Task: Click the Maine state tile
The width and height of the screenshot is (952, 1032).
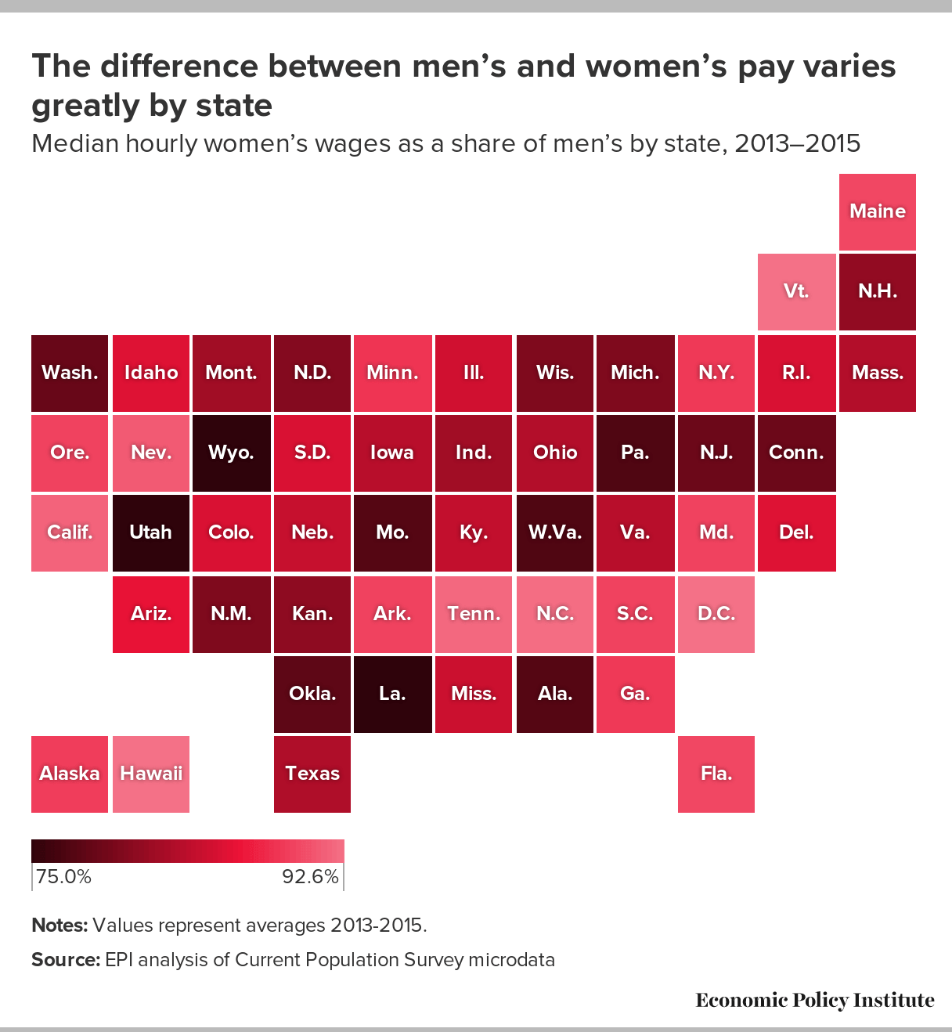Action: click(x=877, y=211)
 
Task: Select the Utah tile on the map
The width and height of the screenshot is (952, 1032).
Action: click(x=150, y=532)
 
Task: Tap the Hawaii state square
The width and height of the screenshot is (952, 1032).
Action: click(x=150, y=774)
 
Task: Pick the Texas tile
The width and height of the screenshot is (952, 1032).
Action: click(x=312, y=774)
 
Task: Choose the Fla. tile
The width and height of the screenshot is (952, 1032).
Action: click(x=716, y=774)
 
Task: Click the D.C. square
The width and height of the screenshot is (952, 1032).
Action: click(x=716, y=614)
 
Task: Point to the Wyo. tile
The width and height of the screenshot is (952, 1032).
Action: click(x=232, y=453)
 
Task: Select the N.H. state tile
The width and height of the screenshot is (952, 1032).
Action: click(x=877, y=291)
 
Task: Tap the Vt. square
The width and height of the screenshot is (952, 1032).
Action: click(x=796, y=291)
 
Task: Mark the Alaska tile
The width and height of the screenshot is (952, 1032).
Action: click(x=70, y=774)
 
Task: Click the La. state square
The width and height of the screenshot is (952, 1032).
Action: click(x=392, y=694)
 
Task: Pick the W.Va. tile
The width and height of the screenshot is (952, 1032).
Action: click(x=554, y=532)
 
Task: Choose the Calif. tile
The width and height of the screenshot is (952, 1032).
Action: click(x=70, y=532)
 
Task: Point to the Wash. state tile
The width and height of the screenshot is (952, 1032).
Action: click(x=70, y=373)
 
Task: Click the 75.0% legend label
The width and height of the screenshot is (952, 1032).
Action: click(x=63, y=876)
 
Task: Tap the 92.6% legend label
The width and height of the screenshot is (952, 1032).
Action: click(x=310, y=876)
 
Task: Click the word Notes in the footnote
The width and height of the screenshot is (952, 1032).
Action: click(x=59, y=926)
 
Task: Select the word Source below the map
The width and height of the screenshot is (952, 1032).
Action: click(x=65, y=960)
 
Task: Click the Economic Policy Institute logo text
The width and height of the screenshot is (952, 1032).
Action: click(x=814, y=1000)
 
